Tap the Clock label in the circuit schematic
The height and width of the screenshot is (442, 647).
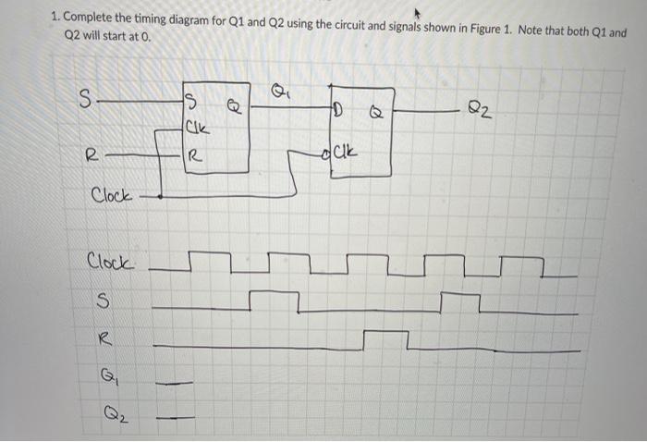pyautogui.click(x=112, y=196)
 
